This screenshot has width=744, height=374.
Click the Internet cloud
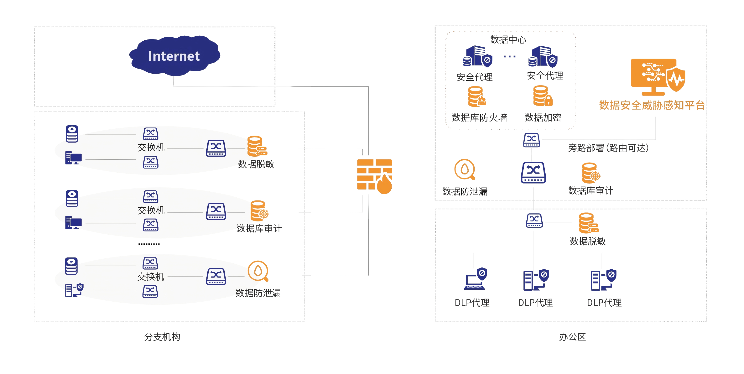click(174, 55)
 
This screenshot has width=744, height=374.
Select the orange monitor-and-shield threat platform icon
click(658, 77)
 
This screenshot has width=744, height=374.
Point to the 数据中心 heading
click(508, 40)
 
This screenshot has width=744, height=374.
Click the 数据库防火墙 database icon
click(477, 97)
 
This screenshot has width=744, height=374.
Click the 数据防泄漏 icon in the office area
click(465, 170)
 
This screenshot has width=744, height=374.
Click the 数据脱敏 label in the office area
click(588, 241)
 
